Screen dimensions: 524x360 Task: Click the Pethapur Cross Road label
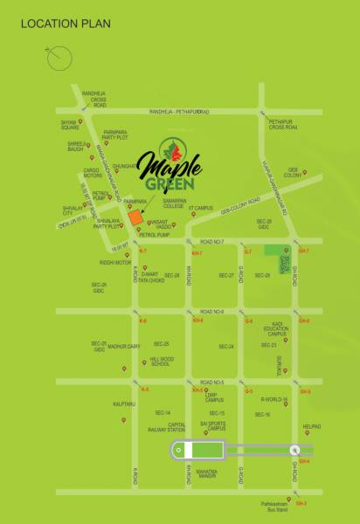(x=283, y=126)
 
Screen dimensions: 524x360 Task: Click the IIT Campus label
(x=203, y=208)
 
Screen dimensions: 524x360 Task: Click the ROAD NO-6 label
(x=211, y=312)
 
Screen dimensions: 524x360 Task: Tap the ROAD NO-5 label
(x=211, y=383)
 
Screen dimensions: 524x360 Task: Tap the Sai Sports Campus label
(x=212, y=426)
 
